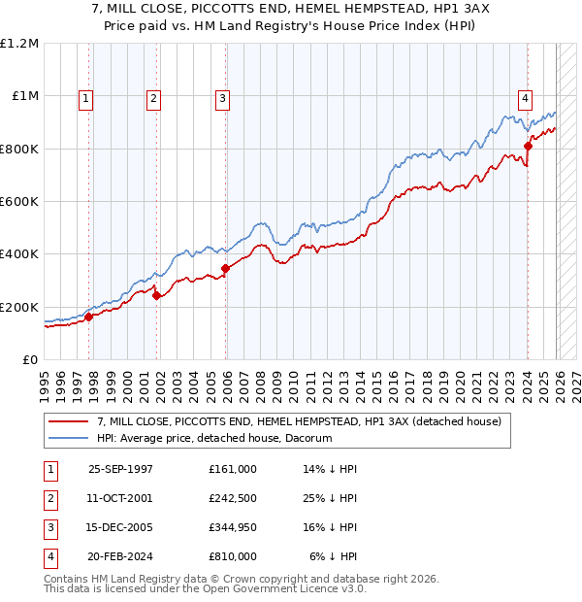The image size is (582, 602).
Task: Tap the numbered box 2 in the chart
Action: tap(154, 97)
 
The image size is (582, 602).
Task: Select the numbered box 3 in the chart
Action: tap(222, 97)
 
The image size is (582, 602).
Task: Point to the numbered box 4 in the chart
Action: tap(525, 97)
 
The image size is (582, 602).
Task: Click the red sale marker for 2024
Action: tap(529, 146)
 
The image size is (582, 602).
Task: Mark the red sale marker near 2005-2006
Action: tap(225, 268)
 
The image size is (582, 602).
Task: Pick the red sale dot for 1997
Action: tap(88, 316)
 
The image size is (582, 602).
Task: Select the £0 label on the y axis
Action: tap(30, 359)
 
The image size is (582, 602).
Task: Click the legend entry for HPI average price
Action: tap(214, 438)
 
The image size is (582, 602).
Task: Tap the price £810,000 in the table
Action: tap(232, 556)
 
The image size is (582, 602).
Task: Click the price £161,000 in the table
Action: tap(232, 469)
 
